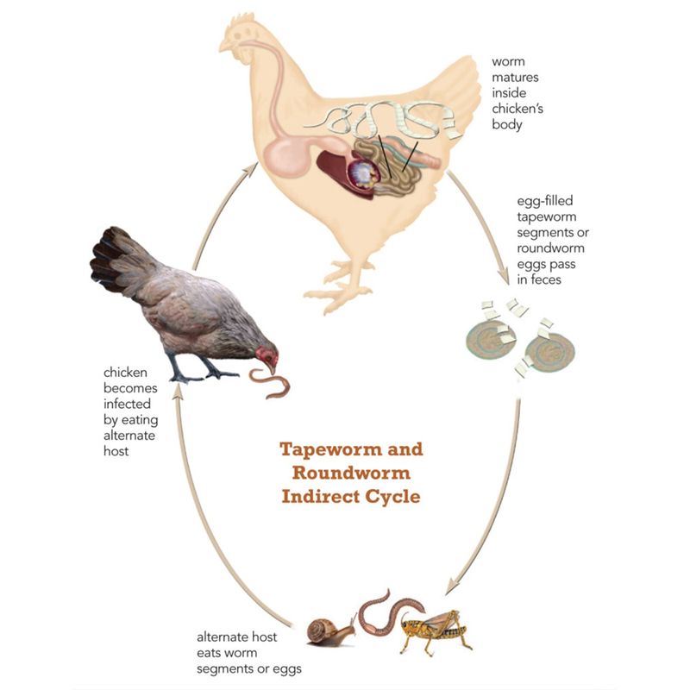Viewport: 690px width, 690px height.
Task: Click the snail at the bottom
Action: [x=331, y=632]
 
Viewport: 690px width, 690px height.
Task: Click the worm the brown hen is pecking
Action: [x=270, y=383]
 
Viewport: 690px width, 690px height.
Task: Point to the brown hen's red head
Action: [x=267, y=356]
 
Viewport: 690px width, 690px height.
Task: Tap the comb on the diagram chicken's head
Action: [x=242, y=20]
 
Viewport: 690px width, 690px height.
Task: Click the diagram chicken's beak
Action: [x=225, y=46]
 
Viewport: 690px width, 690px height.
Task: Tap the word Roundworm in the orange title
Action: [x=351, y=473]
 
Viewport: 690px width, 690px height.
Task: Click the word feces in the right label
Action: [x=546, y=279]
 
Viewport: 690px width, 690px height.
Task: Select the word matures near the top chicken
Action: [x=515, y=78]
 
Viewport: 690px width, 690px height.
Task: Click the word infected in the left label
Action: [x=127, y=404]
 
